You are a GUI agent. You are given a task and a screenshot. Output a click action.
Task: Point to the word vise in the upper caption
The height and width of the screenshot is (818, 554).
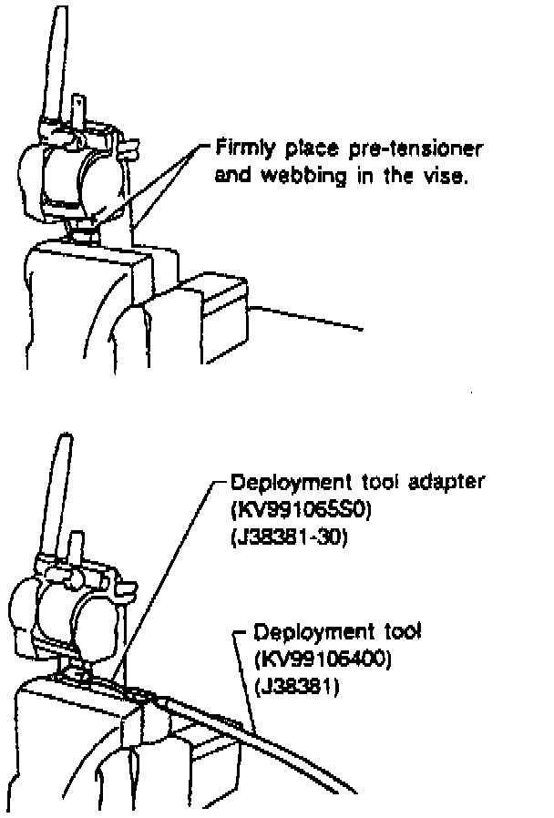coord(447,176)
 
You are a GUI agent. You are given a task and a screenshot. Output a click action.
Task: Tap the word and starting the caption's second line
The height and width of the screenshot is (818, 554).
coord(233,176)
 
